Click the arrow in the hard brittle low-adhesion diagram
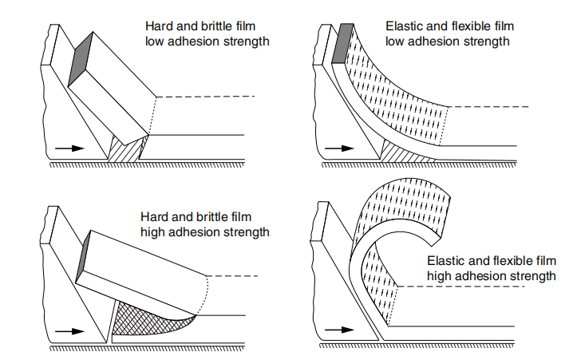pos(69,148)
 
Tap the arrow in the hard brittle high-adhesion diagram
pos(68,330)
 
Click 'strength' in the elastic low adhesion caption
pos(488,42)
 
